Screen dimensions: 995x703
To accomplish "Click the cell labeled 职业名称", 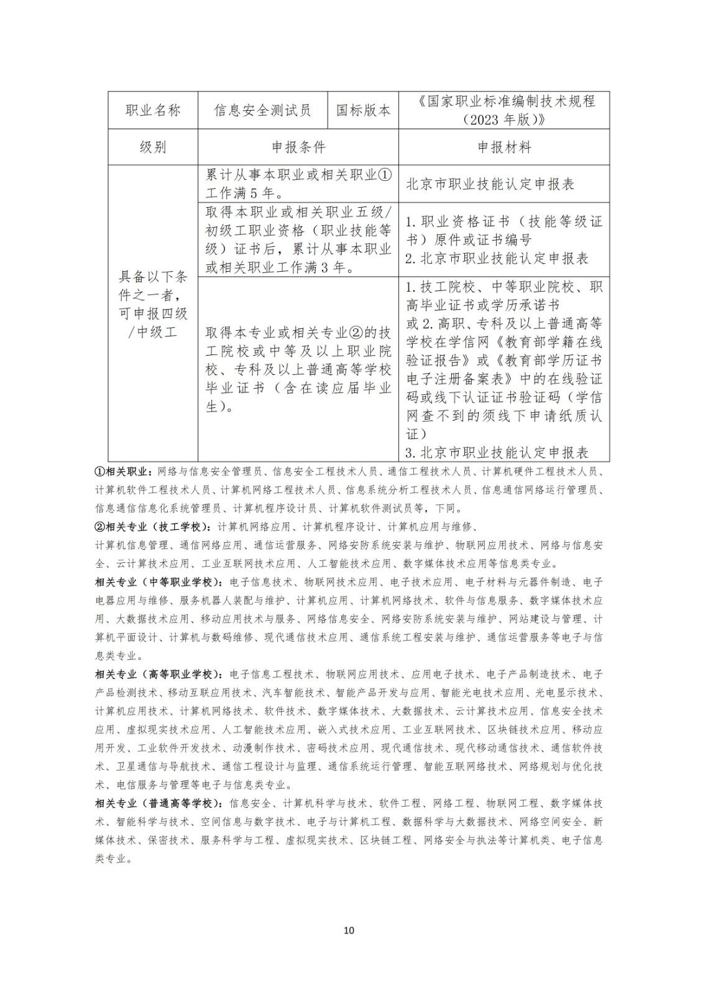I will pyautogui.click(x=153, y=111).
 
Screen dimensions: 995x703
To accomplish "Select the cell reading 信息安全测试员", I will pyautogui.click(x=262, y=111).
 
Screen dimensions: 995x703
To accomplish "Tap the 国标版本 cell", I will pyautogui.click(x=363, y=111).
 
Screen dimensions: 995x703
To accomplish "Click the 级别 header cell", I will pyautogui.click(x=153, y=147).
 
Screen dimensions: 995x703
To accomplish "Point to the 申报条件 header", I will pyautogui.click(x=298, y=147).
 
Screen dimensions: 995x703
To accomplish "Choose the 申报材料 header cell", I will pyautogui.click(x=504, y=147).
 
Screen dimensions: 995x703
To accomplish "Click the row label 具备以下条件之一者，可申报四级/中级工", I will pyautogui.click(x=153, y=304).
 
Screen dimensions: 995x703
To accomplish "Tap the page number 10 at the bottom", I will pyautogui.click(x=349, y=930).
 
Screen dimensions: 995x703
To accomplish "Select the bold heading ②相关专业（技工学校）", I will pyautogui.click(x=153, y=527).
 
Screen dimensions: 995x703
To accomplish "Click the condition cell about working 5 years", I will pyautogui.click(x=298, y=183).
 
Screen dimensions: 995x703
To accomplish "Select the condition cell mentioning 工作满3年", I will pyautogui.click(x=298, y=239).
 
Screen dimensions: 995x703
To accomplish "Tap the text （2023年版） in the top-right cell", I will pyautogui.click(x=504, y=119).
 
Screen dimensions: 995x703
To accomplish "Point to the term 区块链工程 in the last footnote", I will pyautogui.click(x=386, y=840).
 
